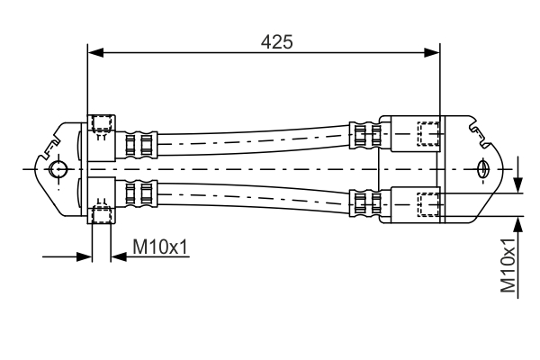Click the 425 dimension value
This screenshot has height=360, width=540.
[x=276, y=40]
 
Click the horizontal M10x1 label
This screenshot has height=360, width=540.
[x=161, y=246]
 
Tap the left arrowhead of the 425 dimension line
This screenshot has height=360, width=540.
[x=94, y=53]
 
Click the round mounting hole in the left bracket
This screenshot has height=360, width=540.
[x=58, y=168]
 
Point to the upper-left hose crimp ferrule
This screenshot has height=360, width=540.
[x=142, y=142]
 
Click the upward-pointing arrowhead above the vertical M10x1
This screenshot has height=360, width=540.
[x=518, y=220]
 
